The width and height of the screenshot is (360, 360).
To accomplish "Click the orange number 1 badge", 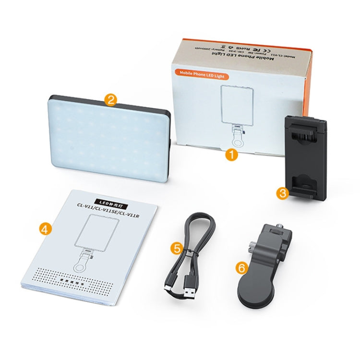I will (232, 155).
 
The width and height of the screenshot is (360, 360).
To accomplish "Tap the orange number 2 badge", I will (111, 100).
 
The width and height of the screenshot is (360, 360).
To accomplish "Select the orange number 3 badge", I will (282, 193).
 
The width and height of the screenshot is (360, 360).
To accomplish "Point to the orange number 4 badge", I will (45, 229).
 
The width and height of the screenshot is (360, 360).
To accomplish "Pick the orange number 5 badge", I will (177, 248).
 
